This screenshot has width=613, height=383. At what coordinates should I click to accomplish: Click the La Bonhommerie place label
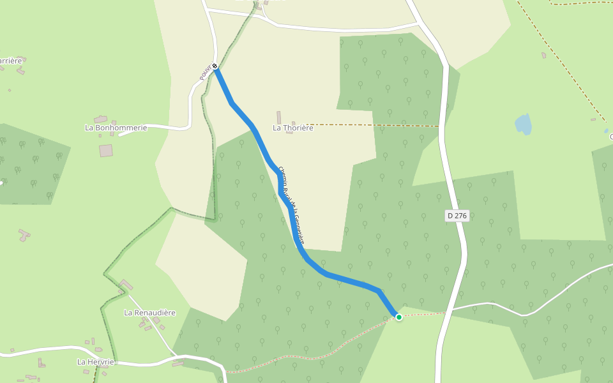point(116,128)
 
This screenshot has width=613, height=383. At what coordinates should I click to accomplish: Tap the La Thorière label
point(293,128)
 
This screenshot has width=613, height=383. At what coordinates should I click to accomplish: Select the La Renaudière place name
point(149,313)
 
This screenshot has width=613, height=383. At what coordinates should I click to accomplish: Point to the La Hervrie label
point(96,362)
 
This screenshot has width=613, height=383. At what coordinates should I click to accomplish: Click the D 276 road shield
point(457,216)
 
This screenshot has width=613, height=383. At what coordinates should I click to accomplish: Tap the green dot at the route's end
point(399,317)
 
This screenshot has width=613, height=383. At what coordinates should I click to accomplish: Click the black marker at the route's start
point(215,66)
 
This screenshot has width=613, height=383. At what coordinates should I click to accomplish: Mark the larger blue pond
point(524,124)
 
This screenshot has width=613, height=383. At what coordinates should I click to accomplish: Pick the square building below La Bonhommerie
point(106,151)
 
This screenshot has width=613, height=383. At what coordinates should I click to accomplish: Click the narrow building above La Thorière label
point(278,117)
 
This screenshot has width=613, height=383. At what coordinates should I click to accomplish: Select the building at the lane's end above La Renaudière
point(126,285)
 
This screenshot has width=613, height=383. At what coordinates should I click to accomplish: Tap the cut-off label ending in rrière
point(10,61)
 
